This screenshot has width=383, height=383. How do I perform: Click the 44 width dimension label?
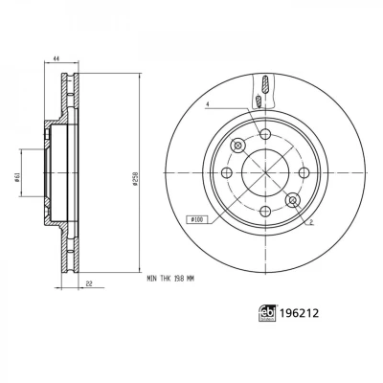56,58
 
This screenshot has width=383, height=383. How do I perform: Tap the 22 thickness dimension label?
89,283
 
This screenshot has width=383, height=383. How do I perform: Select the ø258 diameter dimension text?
135,179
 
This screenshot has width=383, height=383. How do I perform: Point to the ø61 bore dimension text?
17,177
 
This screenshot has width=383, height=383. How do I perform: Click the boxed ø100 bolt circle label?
196,219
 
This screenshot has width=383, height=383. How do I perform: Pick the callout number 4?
207,104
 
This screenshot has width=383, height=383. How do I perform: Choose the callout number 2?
311,221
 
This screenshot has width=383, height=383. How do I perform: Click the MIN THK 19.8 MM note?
170,279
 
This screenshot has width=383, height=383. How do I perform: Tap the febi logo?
267,313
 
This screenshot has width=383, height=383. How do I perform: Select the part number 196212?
299,313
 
